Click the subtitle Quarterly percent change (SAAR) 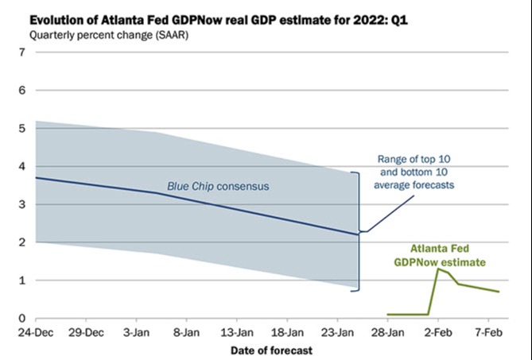coord(104,34)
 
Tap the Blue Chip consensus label coord(218,187)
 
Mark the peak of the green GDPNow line coord(437,269)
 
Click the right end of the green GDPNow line coord(499,292)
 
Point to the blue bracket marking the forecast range coord(359,230)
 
